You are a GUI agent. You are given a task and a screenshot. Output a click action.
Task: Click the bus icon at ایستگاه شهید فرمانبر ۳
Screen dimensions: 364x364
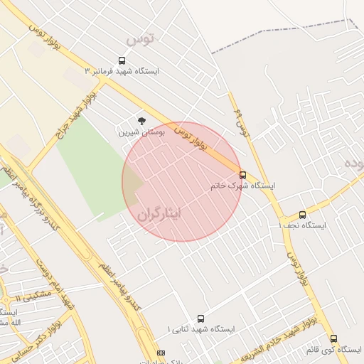tap(122, 61)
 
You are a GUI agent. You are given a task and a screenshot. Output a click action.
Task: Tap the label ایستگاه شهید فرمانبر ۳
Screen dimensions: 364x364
tap(122, 72)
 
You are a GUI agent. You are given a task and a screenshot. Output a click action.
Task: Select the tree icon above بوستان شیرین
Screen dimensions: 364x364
tap(141, 122)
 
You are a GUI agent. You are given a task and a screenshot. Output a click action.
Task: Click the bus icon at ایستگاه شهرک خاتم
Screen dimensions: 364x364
tap(242, 175)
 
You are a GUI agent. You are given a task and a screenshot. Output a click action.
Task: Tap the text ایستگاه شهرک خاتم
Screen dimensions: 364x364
tap(242, 186)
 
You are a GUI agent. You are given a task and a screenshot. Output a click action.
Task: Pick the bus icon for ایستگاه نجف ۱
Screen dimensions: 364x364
tap(302, 215)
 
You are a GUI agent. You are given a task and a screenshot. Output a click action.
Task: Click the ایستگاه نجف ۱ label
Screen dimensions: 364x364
tap(302, 225)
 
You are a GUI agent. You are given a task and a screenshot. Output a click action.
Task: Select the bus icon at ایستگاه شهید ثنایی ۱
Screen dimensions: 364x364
tap(200, 319)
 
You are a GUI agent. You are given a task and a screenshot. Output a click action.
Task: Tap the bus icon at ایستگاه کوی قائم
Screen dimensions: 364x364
tap(333, 339)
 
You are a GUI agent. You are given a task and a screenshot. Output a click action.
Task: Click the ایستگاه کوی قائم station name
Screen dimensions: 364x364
tap(333, 350)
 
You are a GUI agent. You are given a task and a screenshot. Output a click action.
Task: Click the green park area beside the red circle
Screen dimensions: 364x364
tap(89, 171)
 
